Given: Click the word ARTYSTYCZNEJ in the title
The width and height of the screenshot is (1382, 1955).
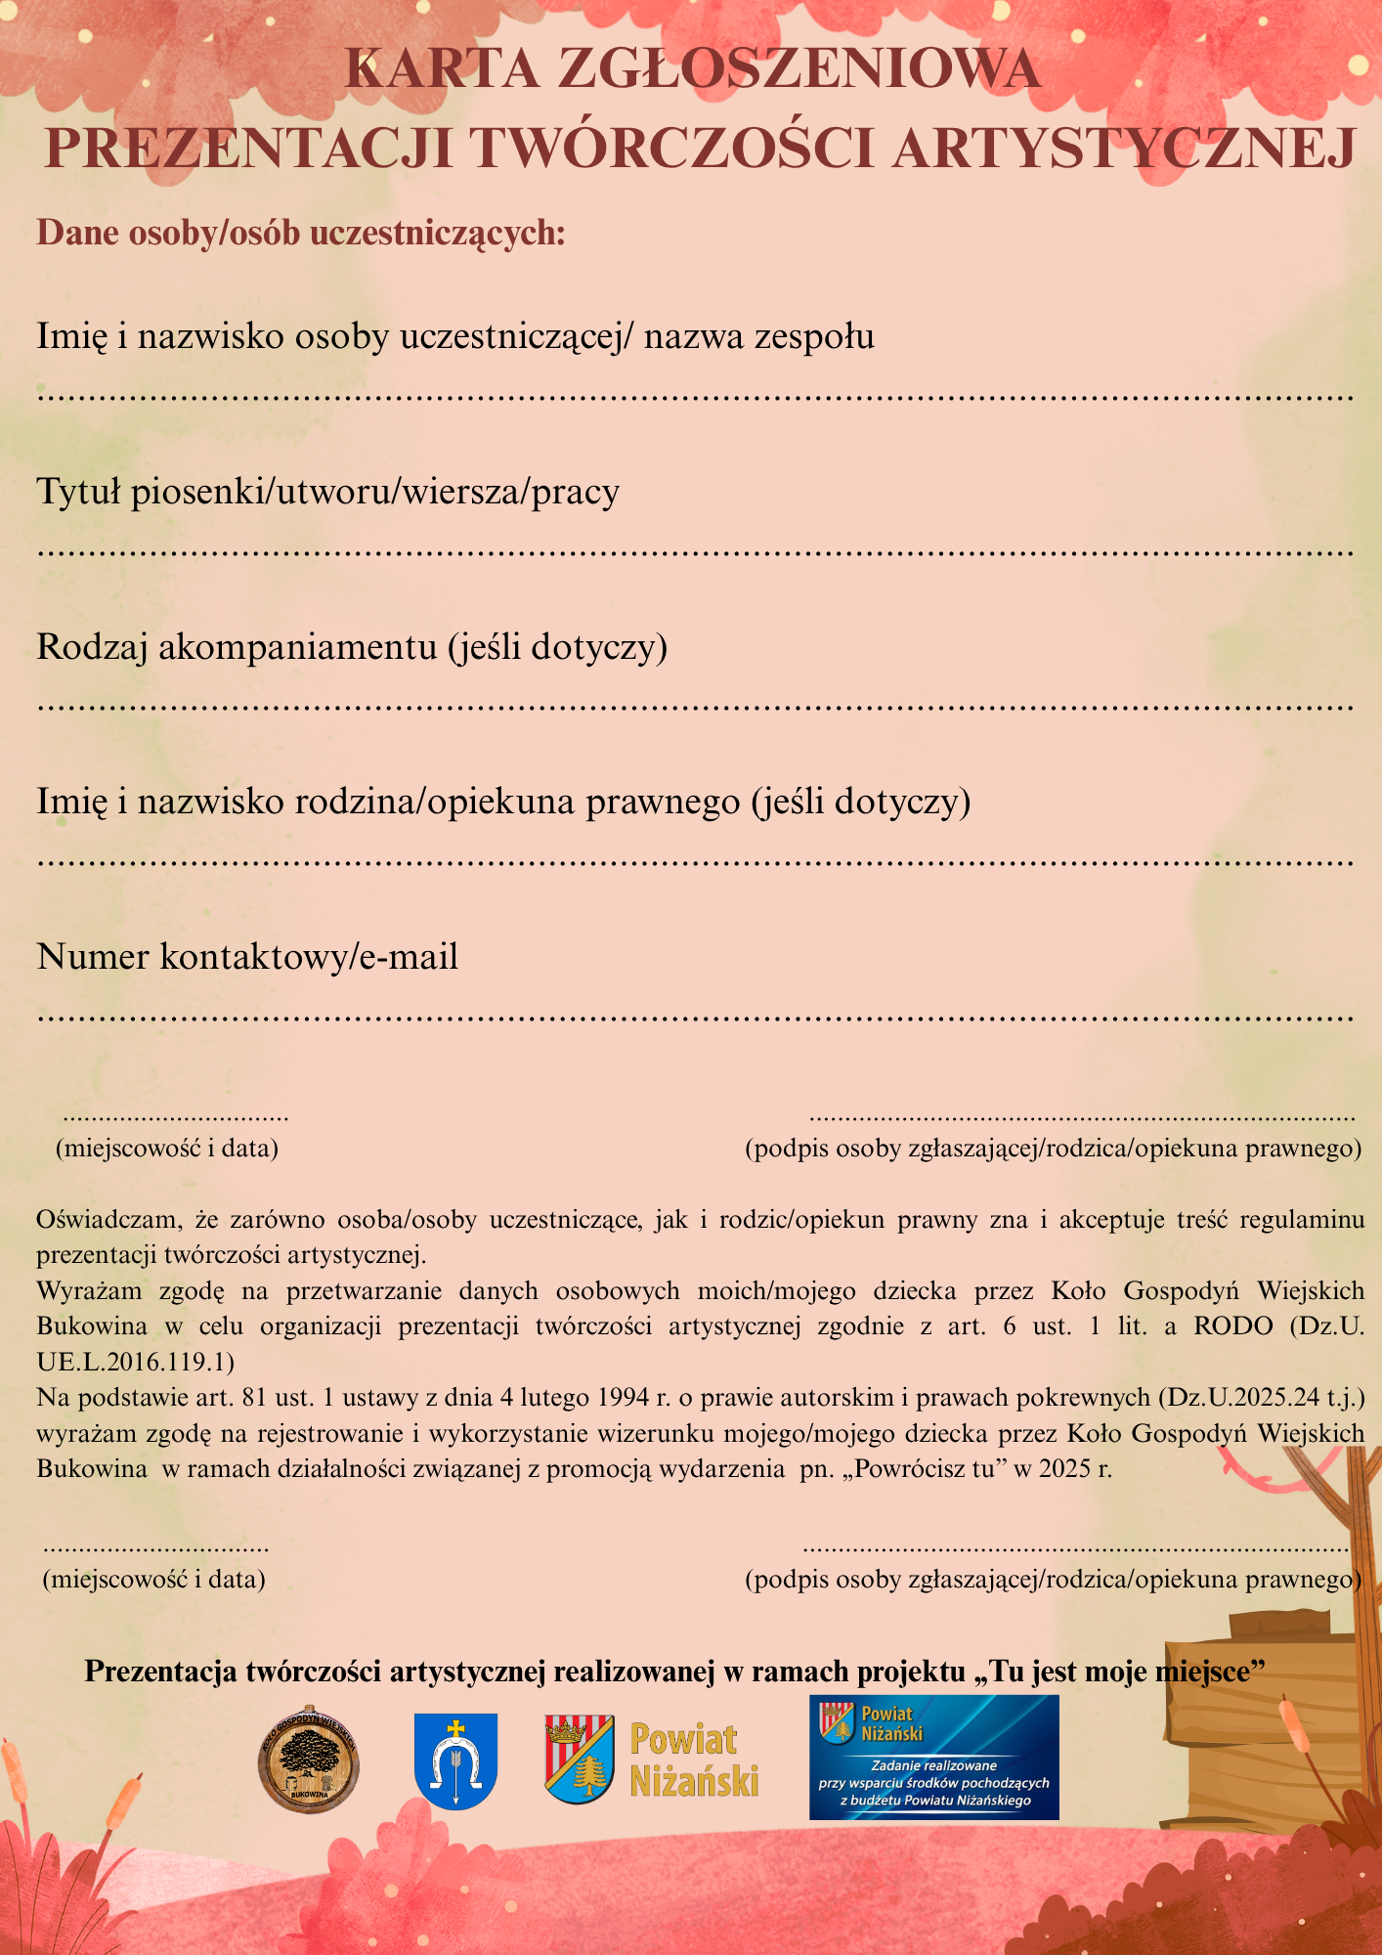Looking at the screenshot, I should pos(1123,149).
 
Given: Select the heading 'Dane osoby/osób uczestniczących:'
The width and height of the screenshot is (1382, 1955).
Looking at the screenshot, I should pos(301,234).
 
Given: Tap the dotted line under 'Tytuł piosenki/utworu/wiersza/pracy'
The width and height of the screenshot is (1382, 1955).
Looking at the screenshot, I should pos(694,553).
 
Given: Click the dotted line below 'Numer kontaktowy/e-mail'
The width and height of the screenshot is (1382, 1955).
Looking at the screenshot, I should pos(694,1018).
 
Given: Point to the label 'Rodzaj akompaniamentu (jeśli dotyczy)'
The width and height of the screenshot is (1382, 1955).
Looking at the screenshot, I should pos(352,647).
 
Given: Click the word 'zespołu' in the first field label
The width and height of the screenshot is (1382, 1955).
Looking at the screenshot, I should pos(812,337).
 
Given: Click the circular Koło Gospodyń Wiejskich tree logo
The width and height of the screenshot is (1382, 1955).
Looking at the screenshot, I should pos(309,1761).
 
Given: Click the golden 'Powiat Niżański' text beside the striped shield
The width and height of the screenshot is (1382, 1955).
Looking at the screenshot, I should pos(694,1759).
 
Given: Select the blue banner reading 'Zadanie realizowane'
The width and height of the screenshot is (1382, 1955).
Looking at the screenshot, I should pos(933,1758).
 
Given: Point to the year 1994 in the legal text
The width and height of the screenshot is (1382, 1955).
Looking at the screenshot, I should pos(624,1398).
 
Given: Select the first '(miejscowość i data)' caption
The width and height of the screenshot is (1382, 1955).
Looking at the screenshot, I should pos(167,1148).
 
